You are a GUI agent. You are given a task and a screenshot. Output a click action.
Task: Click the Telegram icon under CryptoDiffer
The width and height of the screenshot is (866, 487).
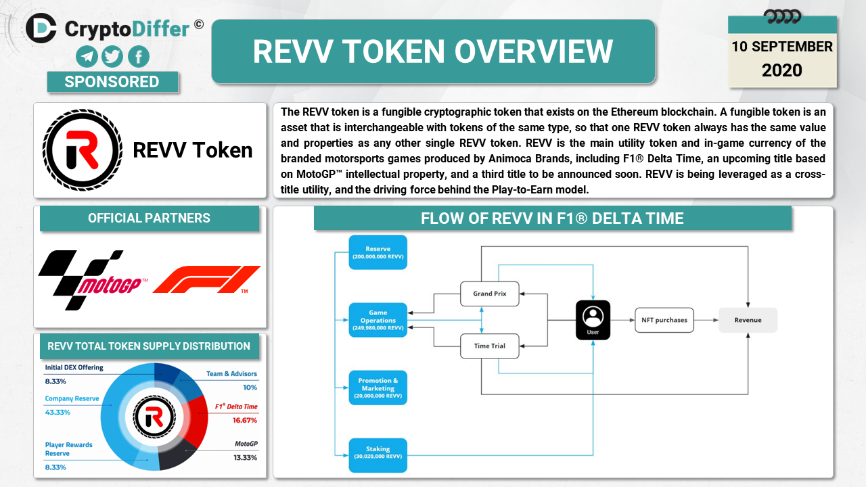pos(87,56)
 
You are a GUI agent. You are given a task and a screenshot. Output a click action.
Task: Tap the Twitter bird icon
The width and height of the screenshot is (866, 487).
pos(112,56)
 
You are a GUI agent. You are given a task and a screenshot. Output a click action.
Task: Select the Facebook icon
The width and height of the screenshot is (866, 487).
pos(138,56)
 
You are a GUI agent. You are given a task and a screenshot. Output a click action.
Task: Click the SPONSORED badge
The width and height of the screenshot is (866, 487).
pos(112,82)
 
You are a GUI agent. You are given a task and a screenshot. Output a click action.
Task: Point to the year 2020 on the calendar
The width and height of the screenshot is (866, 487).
pos(781,70)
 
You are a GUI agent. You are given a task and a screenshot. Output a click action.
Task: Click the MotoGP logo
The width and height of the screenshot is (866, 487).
pos(93,279)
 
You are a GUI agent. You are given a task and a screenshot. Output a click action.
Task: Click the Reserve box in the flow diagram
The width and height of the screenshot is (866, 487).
pos(378,252)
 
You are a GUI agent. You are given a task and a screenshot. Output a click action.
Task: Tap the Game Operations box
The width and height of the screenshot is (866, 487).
pos(378,320)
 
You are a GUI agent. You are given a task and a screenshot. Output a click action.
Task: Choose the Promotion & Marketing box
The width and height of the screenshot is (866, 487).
pos(378,388)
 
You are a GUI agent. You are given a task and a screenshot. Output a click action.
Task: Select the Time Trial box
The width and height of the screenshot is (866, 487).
pos(489,346)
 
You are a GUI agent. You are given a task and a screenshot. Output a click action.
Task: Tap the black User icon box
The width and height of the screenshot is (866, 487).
pos(593,320)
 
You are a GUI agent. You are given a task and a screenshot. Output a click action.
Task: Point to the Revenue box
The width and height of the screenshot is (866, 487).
pos(747,320)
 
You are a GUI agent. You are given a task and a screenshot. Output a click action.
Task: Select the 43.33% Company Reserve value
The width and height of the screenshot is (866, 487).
pos(58,412)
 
